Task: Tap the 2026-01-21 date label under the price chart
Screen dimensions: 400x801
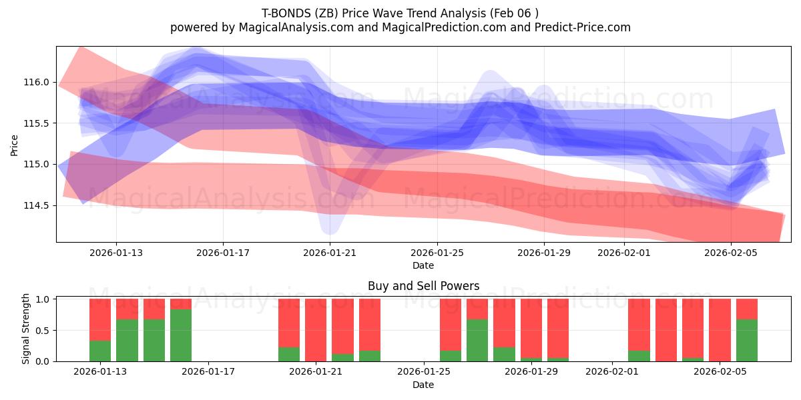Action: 330,253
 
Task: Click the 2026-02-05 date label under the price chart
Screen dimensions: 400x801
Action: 731,253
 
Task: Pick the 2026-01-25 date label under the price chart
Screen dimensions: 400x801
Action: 437,253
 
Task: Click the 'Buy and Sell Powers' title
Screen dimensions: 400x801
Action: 423,286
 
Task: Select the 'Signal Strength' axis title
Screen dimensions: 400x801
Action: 26,329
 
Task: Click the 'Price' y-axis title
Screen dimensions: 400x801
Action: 15,144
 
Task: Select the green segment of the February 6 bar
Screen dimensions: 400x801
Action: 747,340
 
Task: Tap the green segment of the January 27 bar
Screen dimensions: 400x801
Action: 477,340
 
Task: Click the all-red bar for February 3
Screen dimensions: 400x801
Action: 666,330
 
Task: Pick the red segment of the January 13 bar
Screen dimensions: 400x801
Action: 100,319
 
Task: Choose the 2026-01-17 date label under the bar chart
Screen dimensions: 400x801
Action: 209,371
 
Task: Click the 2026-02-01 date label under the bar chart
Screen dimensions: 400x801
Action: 612,371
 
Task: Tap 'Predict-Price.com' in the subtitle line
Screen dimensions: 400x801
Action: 580,27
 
